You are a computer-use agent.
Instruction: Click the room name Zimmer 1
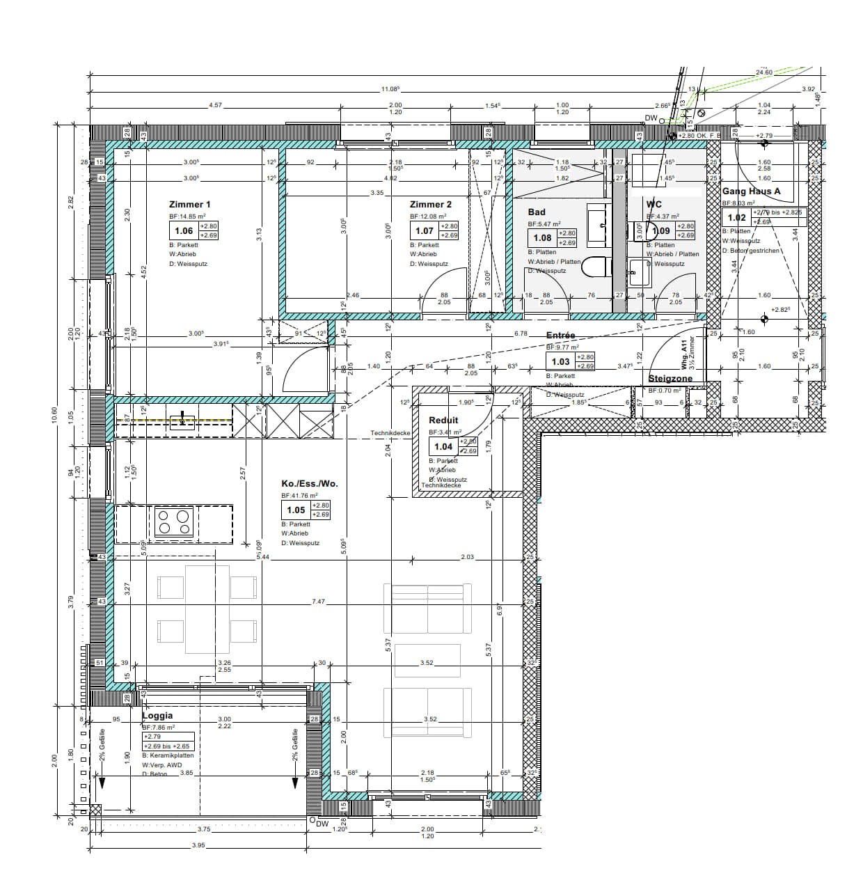pos(189,204)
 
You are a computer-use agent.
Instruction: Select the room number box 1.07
pos(425,231)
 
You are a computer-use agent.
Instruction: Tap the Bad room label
pos(537,212)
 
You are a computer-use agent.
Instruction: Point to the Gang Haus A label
pos(751,191)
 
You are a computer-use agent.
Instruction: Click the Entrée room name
pos(560,335)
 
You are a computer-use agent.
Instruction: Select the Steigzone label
pos(670,379)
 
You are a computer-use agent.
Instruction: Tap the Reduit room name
pos(443,420)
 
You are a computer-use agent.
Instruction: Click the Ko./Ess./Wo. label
pos(309,484)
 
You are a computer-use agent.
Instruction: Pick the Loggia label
pos(157,715)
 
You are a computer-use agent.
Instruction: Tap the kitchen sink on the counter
pos(182,419)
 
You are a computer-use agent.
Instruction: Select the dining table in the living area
pos(207,609)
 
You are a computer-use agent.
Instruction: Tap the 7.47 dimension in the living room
pos(318,601)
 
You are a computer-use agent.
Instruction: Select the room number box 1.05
pos(296,510)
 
